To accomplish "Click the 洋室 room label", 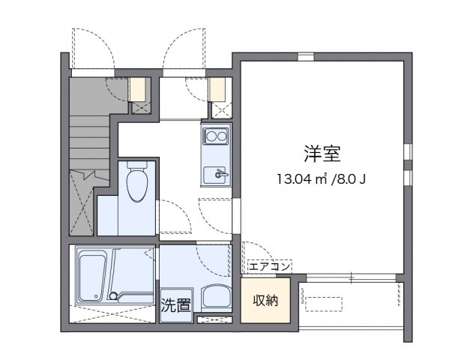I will click(x=323, y=154).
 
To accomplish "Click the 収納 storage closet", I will click(x=265, y=301).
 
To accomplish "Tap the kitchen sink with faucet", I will click(x=217, y=173).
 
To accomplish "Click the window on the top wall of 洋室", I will click(x=304, y=57).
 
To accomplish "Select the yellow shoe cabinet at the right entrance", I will click(x=217, y=89).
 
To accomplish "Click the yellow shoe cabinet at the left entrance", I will click(x=139, y=89).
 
